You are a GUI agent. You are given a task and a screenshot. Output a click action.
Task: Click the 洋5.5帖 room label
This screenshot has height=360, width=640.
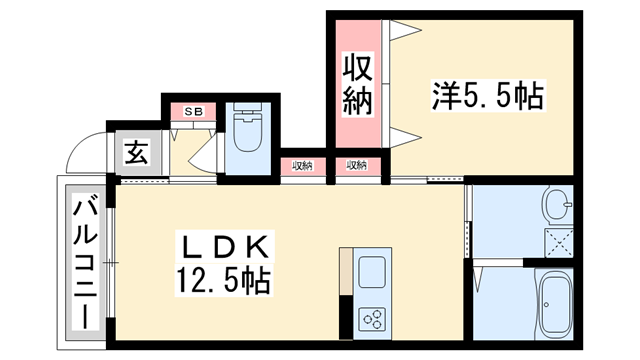tap(487, 97)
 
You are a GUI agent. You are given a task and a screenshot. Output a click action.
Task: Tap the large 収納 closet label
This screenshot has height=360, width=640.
tap(358, 85)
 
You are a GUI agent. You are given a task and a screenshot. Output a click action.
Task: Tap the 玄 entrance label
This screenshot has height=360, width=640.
tap(137, 154)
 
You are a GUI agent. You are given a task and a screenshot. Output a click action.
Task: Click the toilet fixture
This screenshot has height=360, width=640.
tap(244, 135)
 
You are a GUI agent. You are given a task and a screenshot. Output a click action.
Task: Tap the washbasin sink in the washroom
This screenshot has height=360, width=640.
tap(556, 204)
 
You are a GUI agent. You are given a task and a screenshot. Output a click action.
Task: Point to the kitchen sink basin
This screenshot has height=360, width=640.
tap(372, 271)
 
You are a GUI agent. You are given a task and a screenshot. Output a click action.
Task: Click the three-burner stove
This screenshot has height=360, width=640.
tap(372, 318)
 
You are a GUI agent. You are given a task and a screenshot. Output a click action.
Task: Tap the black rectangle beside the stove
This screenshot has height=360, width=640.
tap(347, 316)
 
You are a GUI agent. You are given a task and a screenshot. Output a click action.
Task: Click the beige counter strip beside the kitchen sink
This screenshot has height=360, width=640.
tap(346, 270)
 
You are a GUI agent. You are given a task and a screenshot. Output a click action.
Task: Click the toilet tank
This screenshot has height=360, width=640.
tap(244, 116)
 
